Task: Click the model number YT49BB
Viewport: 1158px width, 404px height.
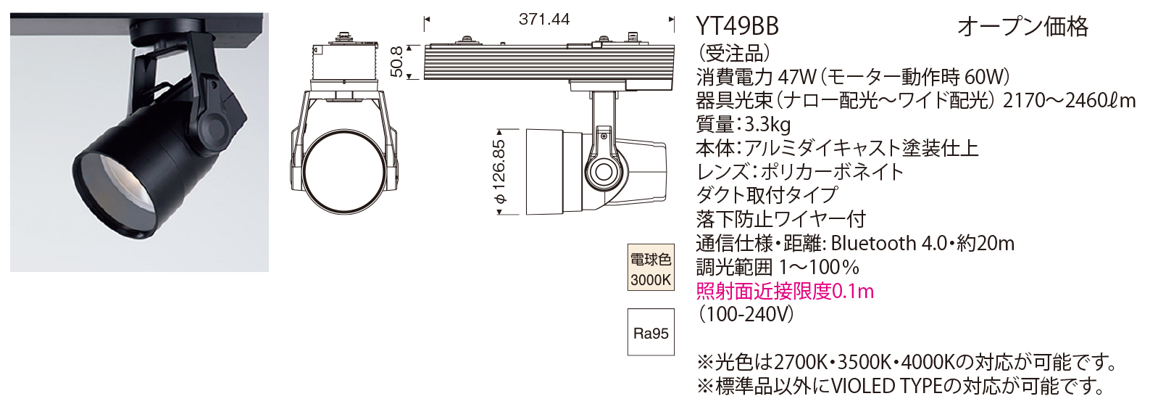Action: click(x=737, y=27)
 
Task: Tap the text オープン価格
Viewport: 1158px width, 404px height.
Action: click(x=1022, y=27)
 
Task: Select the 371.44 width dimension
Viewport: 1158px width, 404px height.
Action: click(x=544, y=20)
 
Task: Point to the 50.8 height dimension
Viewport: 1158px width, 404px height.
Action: click(x=396, y=62)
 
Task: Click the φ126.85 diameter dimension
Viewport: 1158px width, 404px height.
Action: click(x=499, y=172)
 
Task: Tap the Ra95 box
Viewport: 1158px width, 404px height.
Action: click(x=650, y=333)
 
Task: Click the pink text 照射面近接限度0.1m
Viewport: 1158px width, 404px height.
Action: click(x=785, y=291)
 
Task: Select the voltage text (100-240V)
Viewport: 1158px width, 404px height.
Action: click(x=746, y=314)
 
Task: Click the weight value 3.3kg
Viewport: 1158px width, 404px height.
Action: click(x=767, y=124)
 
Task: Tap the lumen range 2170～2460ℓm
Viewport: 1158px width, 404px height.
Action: click(x=1069, y=100)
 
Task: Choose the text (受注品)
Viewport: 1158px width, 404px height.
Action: click(x=733, y=53)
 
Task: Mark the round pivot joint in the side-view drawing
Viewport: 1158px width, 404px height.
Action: click(x=603, y=171)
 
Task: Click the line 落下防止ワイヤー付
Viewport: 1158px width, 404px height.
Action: click(x=780, y=219)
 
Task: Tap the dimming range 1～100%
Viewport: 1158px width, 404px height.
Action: click(x=819, y=267)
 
